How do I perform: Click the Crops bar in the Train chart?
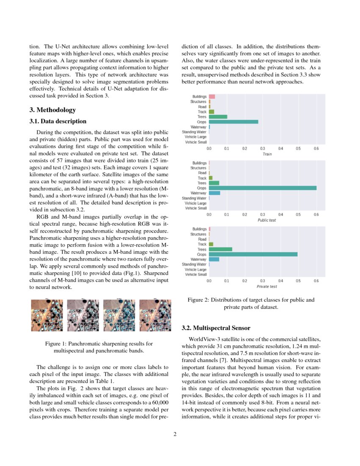(x=233, y=122)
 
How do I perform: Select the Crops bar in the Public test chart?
(x=263, y=188)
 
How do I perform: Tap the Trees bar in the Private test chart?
(x=221, y=249)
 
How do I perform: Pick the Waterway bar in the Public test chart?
(x=214, y=193)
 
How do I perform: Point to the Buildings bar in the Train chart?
(x=212, y=97)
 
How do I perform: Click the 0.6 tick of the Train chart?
(x=316, y=149)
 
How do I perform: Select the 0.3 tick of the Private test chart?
(x=263, y=281)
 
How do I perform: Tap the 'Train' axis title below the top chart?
(x=267, y=154)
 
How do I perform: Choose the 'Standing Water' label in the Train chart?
(x=194, y=132)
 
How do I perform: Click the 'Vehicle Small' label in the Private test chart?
(x=196, y=275)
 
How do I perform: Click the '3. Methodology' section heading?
(x=53, y=110)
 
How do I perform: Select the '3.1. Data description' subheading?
(x=58, y=122)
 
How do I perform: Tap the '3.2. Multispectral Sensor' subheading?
(x=216, y=328)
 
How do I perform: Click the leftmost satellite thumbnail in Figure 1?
(x=47, y=315)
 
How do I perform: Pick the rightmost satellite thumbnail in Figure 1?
(x=154, y=315)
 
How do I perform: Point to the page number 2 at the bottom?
(x=175, y=434)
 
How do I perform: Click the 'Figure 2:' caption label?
(x=198, y=300)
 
